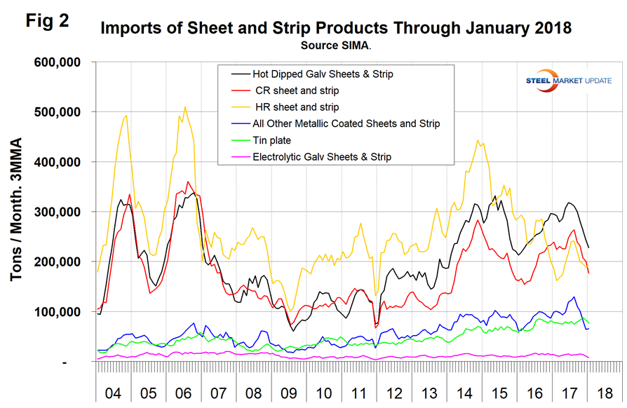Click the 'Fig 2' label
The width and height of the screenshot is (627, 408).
tap(47, 20)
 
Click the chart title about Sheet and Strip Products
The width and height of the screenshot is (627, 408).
tap(336, 29)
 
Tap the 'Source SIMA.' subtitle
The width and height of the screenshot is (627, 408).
tap(336, 45)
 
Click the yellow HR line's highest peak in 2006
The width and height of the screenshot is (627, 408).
tap(185, 107)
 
